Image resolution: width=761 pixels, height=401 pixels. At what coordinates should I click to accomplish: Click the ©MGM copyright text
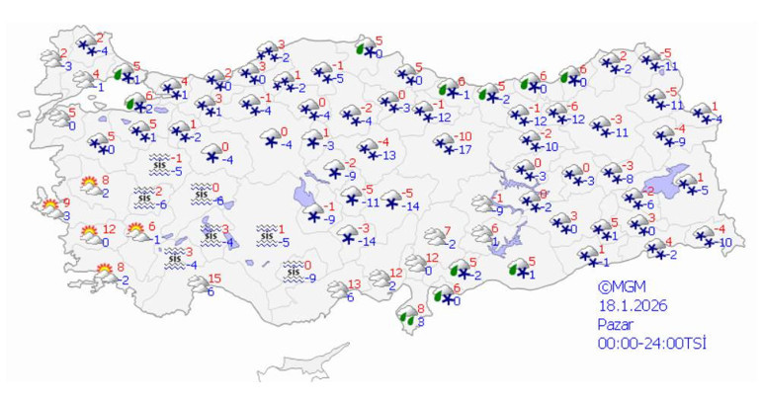[x=621, y=286]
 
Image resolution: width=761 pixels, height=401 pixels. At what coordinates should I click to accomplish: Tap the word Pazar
[x=615, y=324]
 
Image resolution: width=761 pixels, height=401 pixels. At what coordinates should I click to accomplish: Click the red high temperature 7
[x=446, y=231]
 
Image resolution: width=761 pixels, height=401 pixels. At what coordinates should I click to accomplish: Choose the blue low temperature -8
[x=629, y=179]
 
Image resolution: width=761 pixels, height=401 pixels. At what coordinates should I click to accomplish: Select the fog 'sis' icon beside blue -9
[x=293, y=270]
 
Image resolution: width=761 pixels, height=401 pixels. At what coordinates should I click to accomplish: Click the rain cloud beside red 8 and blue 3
[x=406, y=316]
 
